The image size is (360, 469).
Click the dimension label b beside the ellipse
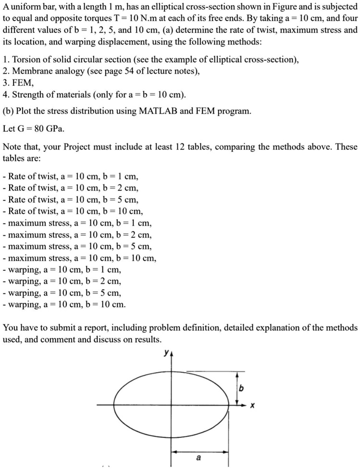click(x=242, y=388)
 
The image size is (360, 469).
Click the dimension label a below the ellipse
click(x=199, y=457)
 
